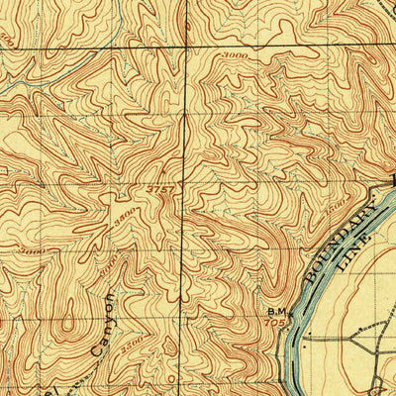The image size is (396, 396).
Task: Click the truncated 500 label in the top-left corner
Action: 8,41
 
